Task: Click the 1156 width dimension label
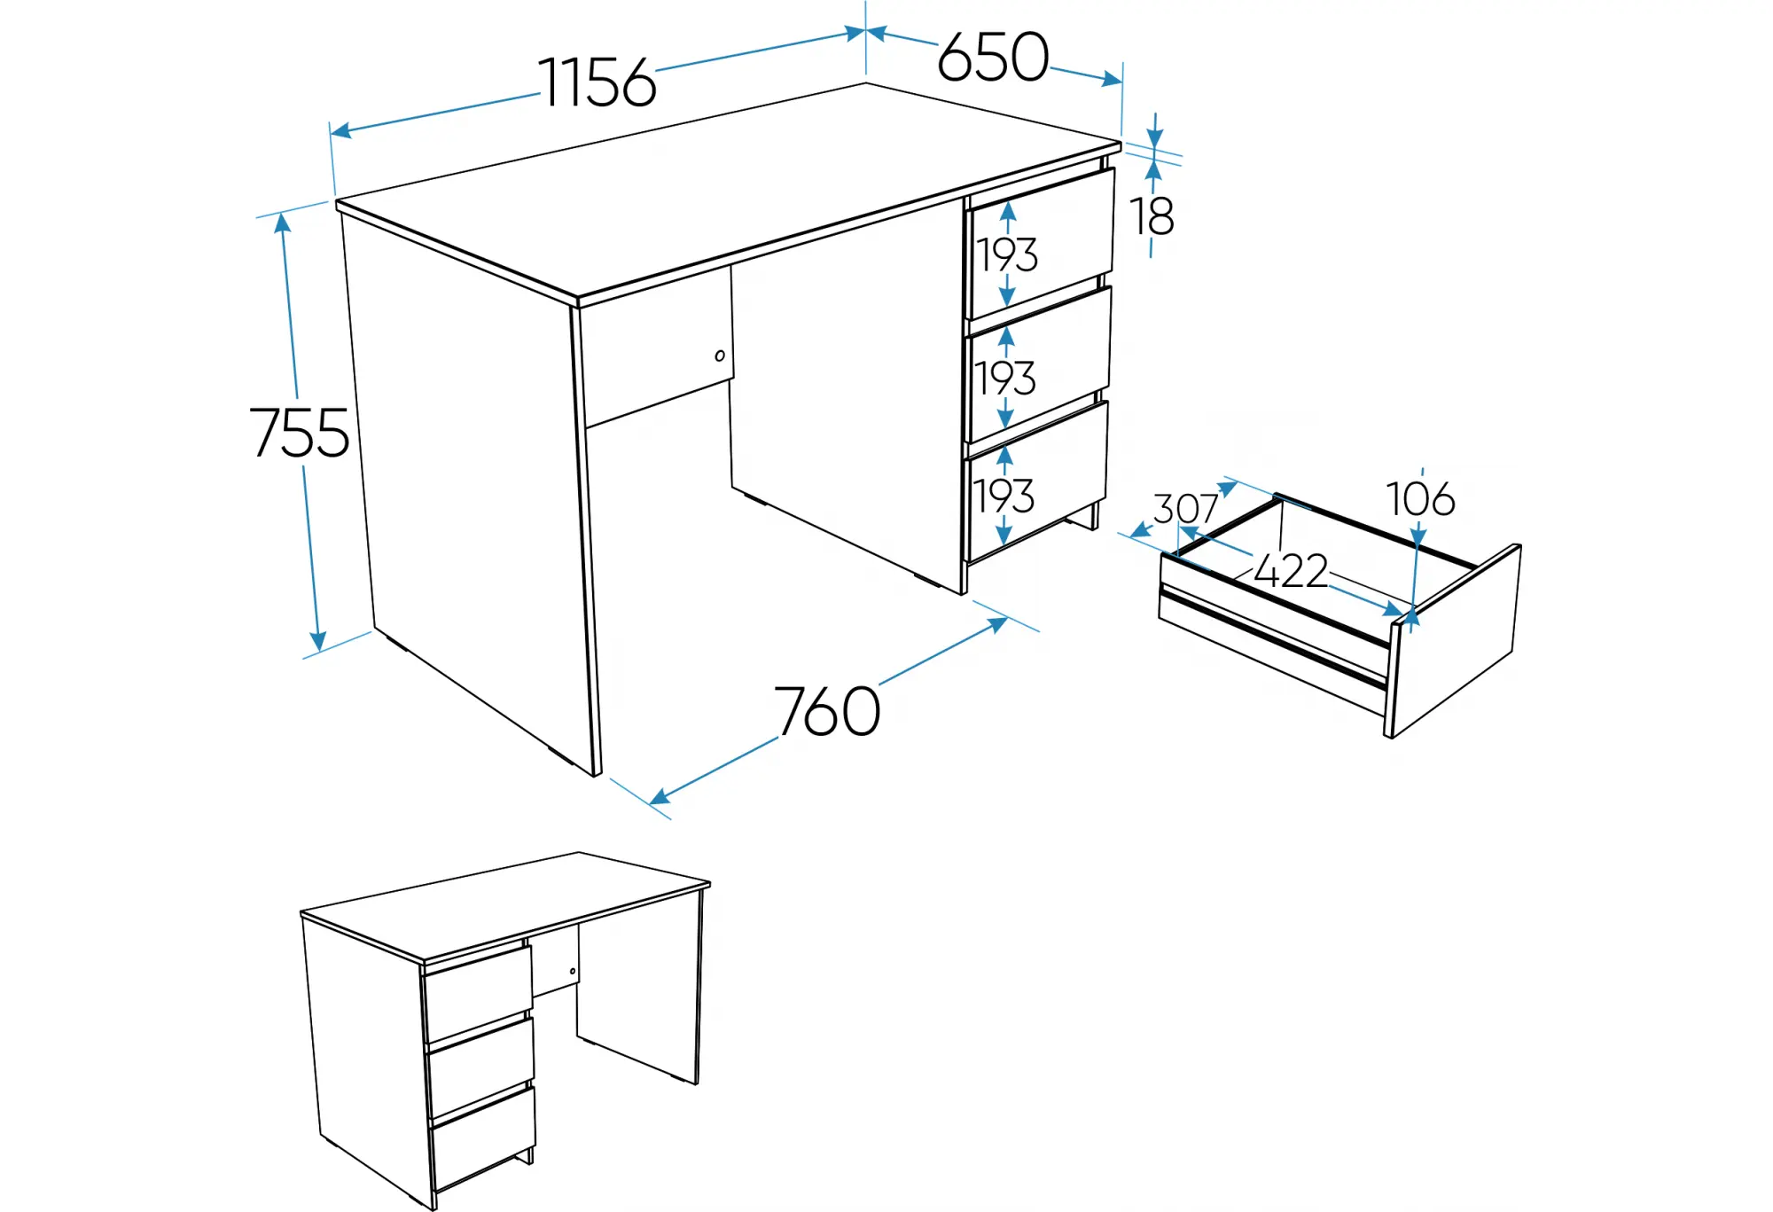point(598,82)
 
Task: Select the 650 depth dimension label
point(993,57)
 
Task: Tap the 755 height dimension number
point(300,433)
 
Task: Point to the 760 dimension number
point(828,711)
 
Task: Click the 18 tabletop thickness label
point(1152,215)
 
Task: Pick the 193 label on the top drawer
point(1007,255)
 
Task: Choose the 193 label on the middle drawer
point(1005,379)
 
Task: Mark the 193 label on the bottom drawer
point(1004,497)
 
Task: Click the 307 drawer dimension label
point(1185,509)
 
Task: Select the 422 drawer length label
point(1291,571)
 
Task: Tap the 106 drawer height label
point(1420,499)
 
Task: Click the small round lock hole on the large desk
point(720,356)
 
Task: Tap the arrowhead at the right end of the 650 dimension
point(1112,80)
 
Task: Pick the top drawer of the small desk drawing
point(479,993)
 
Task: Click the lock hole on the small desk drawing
point(573,971)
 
